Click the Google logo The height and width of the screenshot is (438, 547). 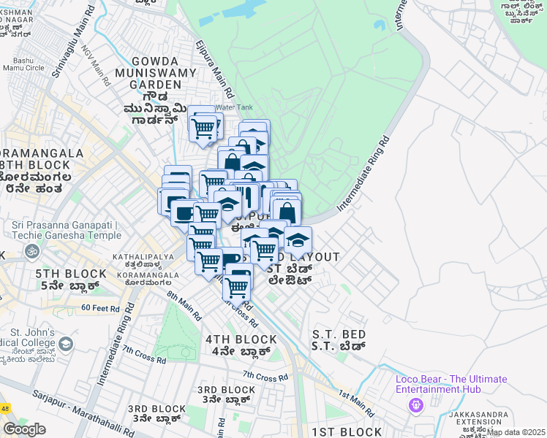click(x=24, y=429)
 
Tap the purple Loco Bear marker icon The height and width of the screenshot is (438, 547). click(x=417, y=405)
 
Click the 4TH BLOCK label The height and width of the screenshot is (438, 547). click(x=241, y=339)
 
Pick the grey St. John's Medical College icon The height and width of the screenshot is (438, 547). click(x=65, y=343)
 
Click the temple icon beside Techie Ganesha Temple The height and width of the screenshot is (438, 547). click(x=31, y=252)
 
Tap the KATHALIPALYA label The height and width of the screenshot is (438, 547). click(x=143, y=257)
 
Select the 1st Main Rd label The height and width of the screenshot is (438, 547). click(x=357, y=403)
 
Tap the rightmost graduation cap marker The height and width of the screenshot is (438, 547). click(x=298, y=240)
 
